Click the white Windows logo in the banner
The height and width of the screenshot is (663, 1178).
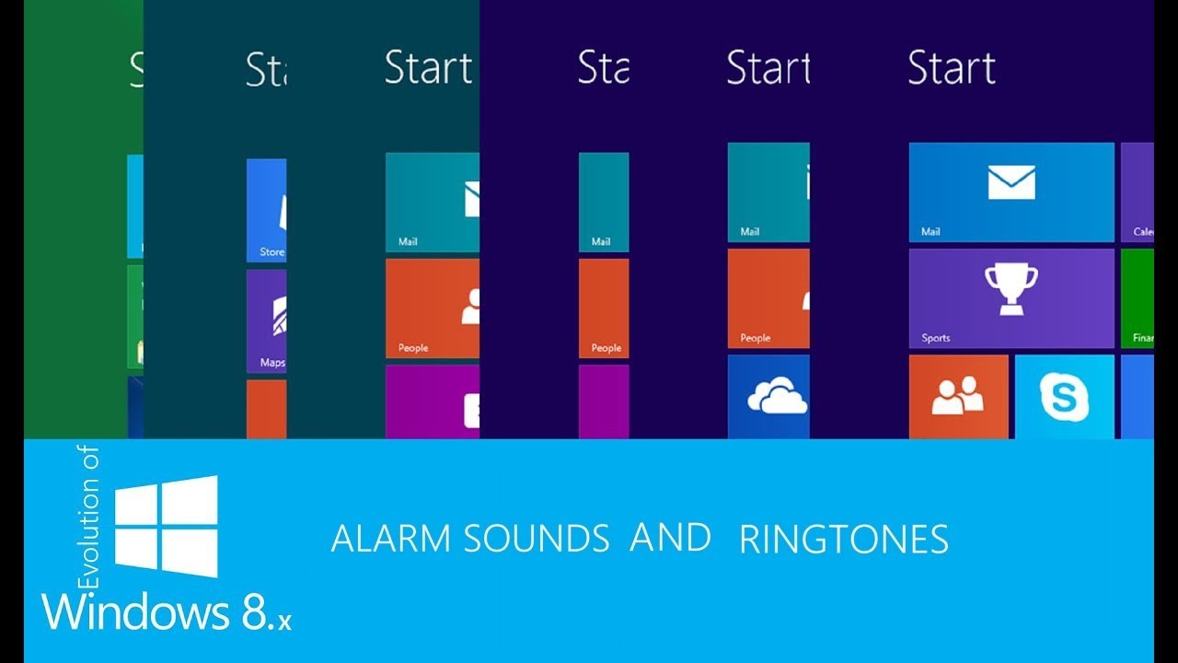(x=167, y=526)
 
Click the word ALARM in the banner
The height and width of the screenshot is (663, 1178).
(x=393, y=539)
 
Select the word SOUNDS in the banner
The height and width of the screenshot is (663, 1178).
(x=537, y=539)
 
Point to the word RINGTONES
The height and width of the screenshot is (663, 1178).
(x=844, y=541)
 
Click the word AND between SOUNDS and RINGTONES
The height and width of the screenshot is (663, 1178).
(x=671, y=538)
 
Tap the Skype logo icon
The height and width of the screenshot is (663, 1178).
(x=1064, y=397)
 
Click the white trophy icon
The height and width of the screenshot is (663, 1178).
(x=1011, y=288)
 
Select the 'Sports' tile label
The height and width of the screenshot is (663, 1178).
(x=936, y=338)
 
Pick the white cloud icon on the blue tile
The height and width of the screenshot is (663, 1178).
(x=777, y=397)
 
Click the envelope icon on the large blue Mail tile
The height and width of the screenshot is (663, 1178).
(x=1011, y=182)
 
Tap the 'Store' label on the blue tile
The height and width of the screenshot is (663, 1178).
(x=271, y=251)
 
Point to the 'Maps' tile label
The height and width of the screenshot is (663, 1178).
(x=272, y=363)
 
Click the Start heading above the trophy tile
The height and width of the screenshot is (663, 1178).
(x=952, y=68)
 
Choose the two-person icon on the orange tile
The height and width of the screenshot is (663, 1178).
(x=957, y=395)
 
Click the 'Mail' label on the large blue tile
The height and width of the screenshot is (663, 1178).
(x=930, y=232)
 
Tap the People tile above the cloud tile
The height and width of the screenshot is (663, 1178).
(x=768, y=297)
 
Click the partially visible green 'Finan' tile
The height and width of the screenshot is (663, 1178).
(x=1138, y=298)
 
